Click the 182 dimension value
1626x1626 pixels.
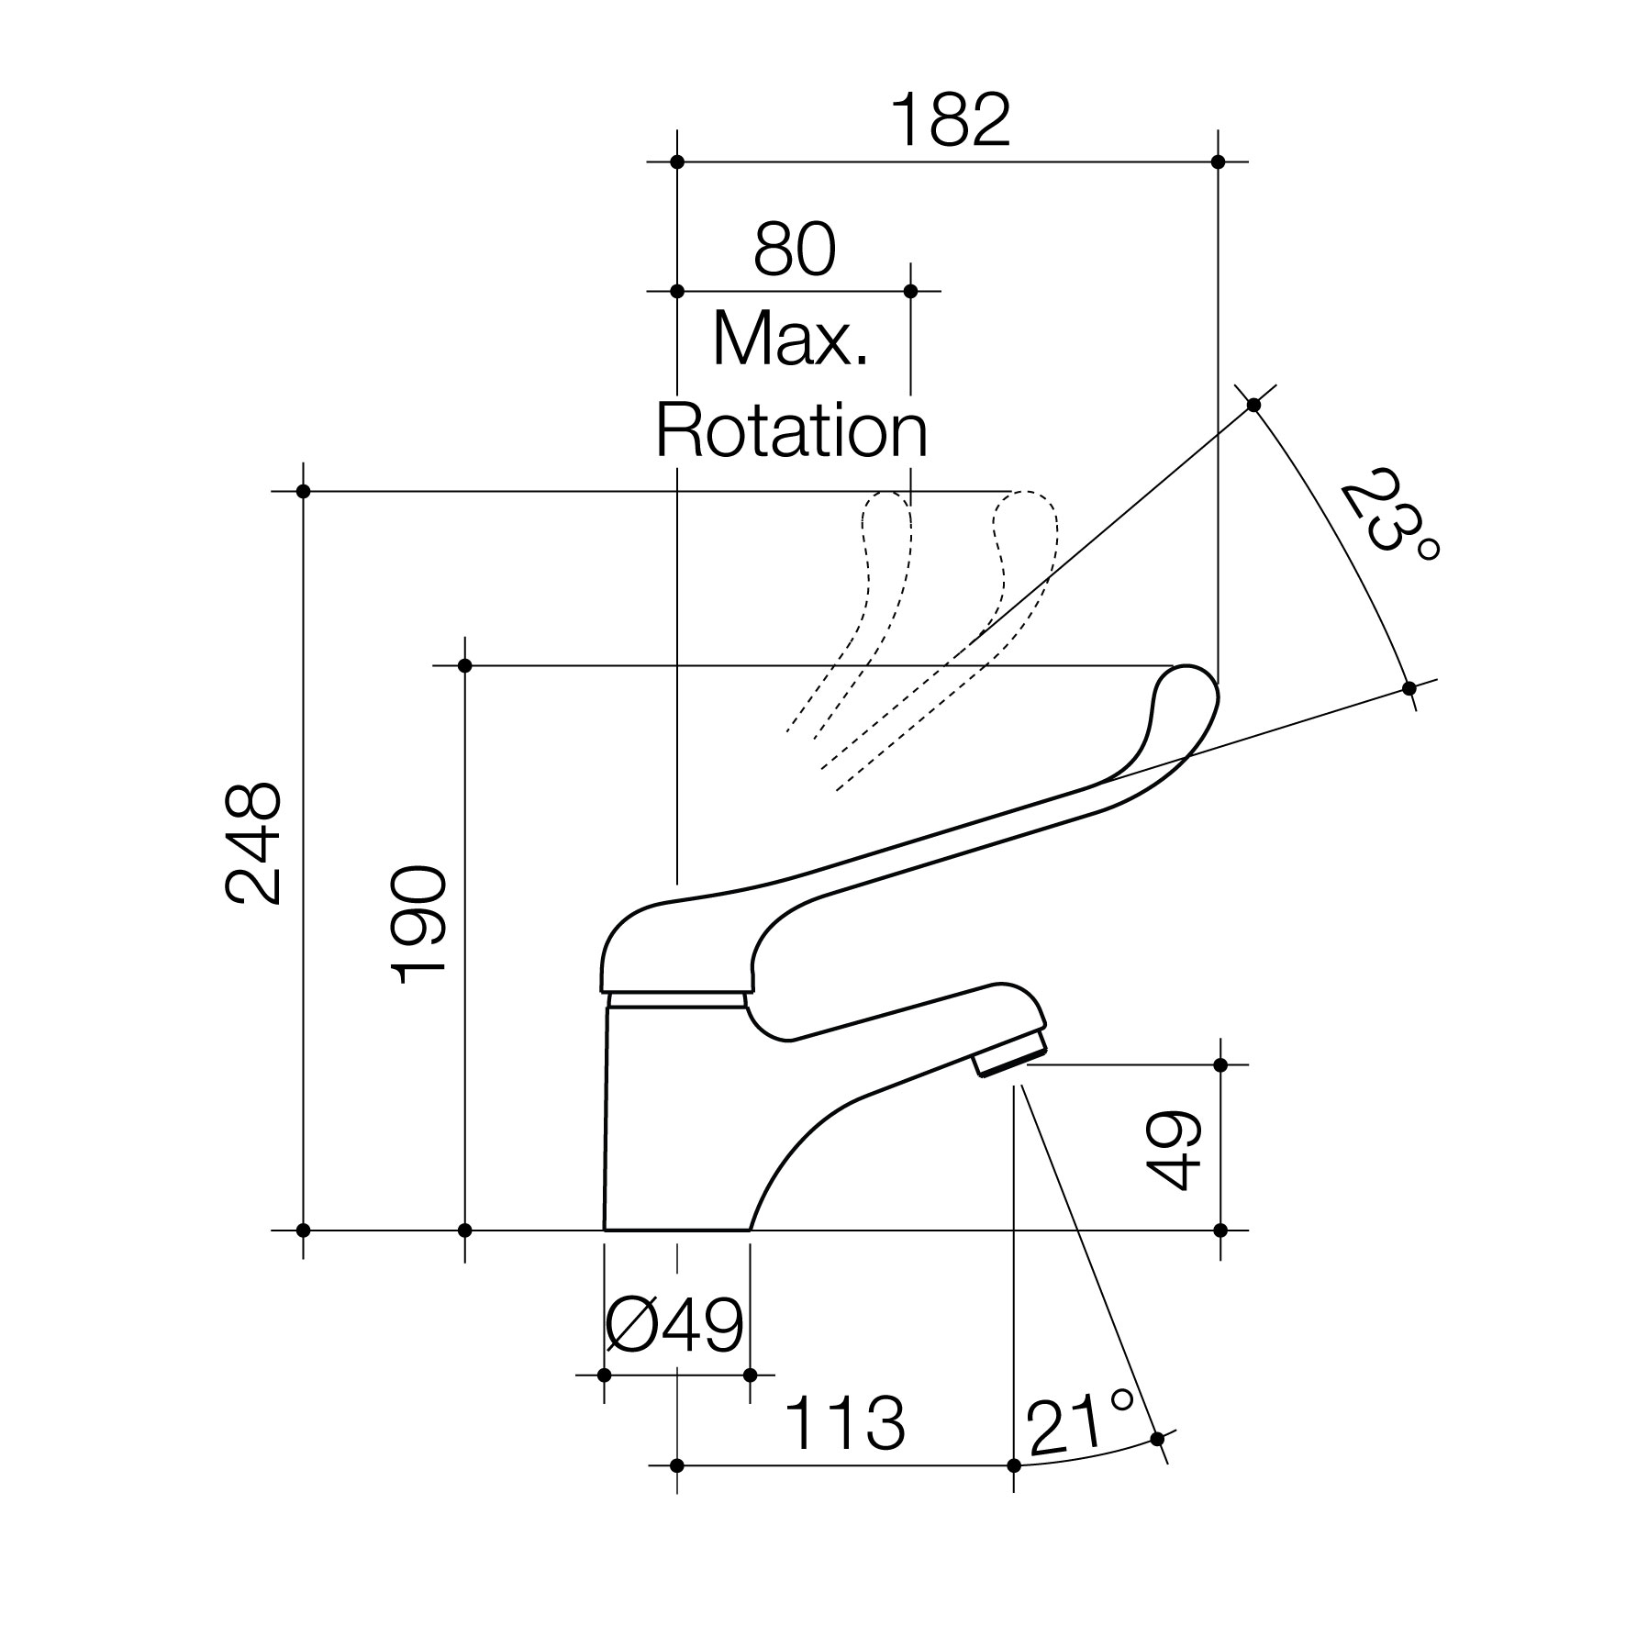pos(951,120)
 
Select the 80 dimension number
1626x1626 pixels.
pos(795,249)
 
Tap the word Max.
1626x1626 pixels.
pos(790,339)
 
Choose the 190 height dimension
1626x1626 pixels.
pos(418,924)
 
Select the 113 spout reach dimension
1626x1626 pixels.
pos(845,1423)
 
